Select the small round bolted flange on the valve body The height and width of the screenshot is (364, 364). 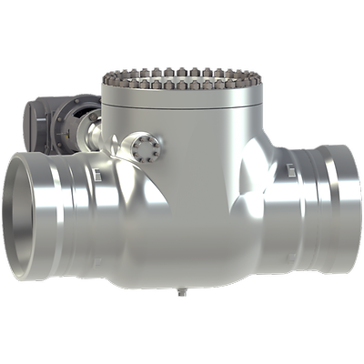(144, 147)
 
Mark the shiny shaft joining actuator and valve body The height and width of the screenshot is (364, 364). (94, 136)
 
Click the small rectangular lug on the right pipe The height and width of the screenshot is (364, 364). (288, 170)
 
